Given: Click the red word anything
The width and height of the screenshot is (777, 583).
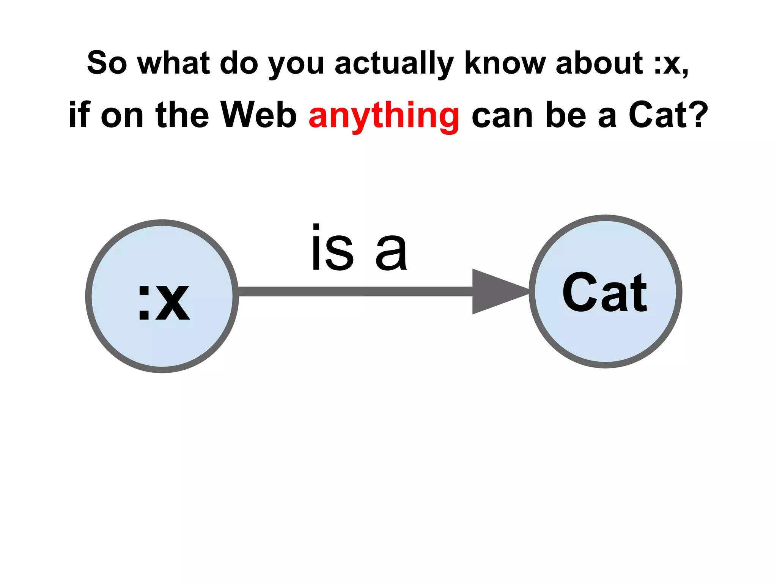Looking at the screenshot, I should (x=384, y=115).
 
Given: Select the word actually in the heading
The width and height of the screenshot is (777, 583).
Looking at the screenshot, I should (x=394, y=63).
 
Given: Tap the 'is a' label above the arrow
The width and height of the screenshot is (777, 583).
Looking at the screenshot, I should (x=359, y=249).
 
